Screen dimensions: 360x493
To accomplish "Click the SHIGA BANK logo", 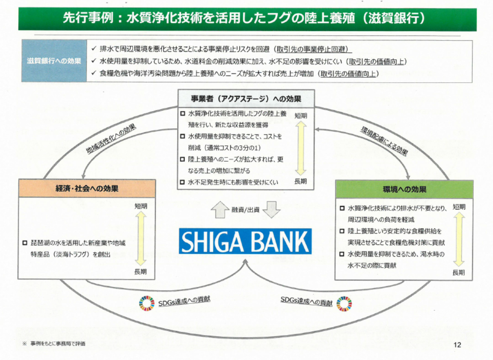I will [245, 242].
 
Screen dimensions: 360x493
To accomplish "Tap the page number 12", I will [457, 345].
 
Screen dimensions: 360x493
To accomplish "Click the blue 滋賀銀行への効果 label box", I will [54, 61].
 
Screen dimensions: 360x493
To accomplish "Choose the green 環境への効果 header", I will [404, 189].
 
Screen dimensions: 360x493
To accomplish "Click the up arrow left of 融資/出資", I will [220, 210].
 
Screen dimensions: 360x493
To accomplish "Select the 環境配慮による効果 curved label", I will [384, 141].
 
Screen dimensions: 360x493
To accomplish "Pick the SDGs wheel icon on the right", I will [344, 303].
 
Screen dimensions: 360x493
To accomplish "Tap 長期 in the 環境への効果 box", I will [458, 273].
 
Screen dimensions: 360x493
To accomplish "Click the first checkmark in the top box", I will [94, 49].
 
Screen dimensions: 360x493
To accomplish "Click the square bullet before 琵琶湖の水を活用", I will [25, 243].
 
